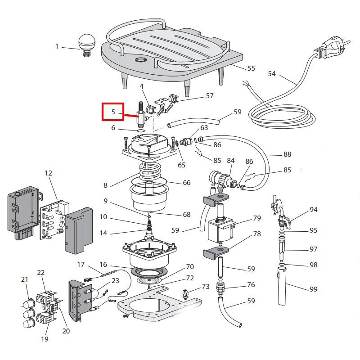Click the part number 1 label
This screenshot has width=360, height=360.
[57, 46]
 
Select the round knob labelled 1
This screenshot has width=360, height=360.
[85, 44]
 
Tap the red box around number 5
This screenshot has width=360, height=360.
[113, 112]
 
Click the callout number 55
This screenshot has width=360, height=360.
[251, 68]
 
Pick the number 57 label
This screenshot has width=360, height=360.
[210, 96]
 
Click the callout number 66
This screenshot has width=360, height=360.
[186, 183]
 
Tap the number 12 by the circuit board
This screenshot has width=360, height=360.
[49, 173]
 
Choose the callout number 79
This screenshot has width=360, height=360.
[257, 218]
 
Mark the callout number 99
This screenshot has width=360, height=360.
[314, 289]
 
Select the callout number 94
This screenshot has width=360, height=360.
[314, 210]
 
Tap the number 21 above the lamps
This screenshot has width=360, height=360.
[25, 279]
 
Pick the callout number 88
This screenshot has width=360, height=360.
[287, 154]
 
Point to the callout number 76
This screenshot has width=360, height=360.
[251, 285]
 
